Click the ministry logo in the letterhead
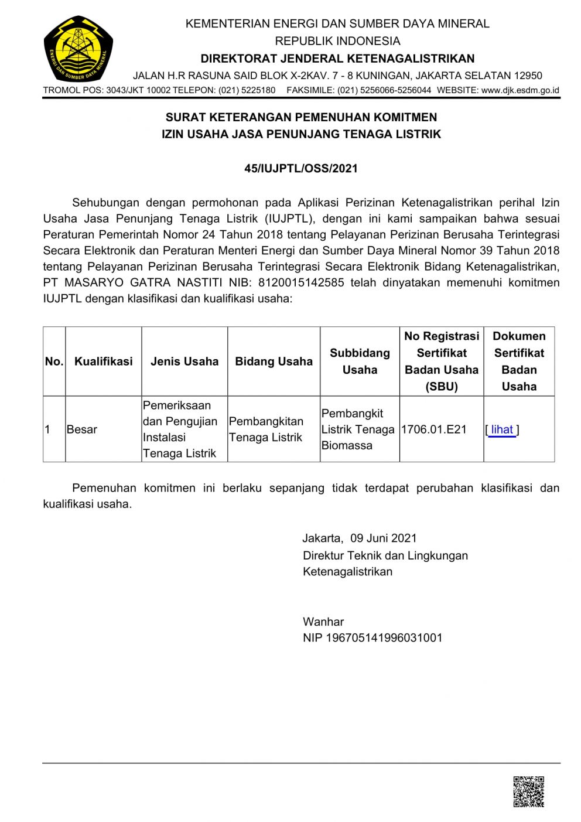[78, 49]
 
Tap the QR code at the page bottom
[528, 792]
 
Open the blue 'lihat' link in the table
[502, 429]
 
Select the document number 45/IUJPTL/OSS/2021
[301, 169]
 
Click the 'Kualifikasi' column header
[104, 361]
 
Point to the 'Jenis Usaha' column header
[184, 361]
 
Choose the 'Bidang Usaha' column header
[274, 361]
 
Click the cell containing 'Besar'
[82, 429]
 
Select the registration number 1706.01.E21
[434, 429]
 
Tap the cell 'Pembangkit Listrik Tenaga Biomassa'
[358, 429]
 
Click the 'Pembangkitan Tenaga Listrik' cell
[266, 429]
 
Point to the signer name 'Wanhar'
[323, 622]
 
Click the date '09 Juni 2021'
[384, 538]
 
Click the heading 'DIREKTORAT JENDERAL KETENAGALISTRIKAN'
[337, 59]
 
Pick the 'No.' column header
[54, 361]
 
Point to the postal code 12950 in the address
[528, 76]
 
